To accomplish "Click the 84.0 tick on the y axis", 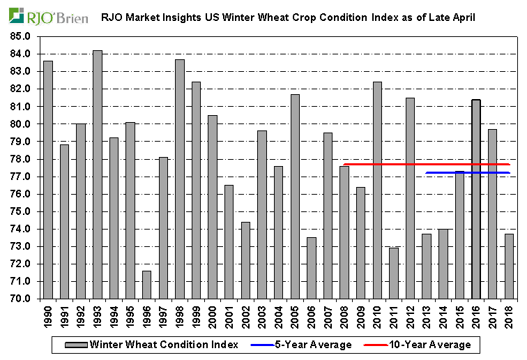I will click(21, 54).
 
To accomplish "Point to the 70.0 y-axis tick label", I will click(21, 299).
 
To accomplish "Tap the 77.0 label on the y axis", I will click(21, 177).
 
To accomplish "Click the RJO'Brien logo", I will click(48, 16).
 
